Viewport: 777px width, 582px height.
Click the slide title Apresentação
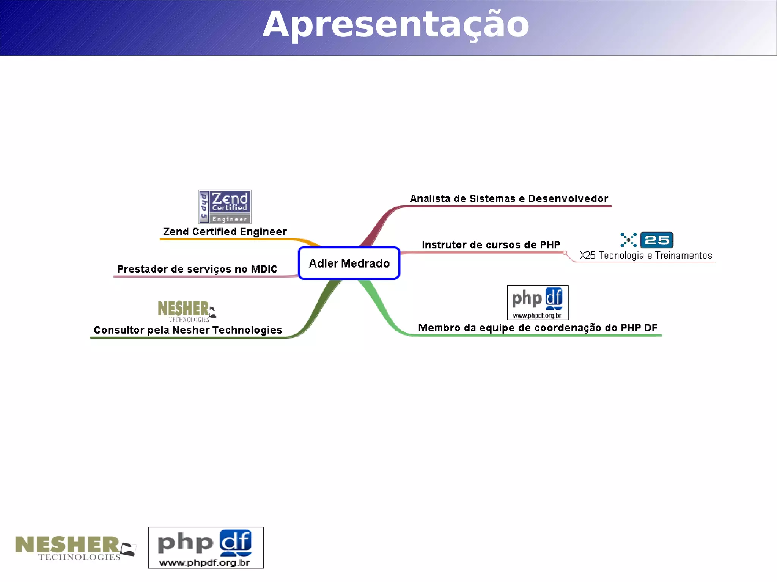(395, 25)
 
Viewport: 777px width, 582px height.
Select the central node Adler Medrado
(349, 263)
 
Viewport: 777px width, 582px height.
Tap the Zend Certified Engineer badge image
(225, 207)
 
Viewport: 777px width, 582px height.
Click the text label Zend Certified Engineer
(225, 232)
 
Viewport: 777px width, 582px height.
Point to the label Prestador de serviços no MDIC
(197, 269)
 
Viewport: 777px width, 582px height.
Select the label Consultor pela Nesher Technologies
(188, 330)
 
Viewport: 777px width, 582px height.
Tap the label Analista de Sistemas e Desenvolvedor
(509, 199)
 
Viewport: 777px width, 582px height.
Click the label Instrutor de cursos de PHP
(491, 245)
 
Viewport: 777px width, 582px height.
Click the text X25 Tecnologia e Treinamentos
(646, 256)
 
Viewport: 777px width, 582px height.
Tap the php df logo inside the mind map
(538, 303)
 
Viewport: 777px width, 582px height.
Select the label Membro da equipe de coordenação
(538, 328)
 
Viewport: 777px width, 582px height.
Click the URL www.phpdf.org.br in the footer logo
(205, 563)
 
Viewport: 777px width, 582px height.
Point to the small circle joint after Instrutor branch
(565, 253)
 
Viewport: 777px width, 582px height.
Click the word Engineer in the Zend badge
(230, 219)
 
